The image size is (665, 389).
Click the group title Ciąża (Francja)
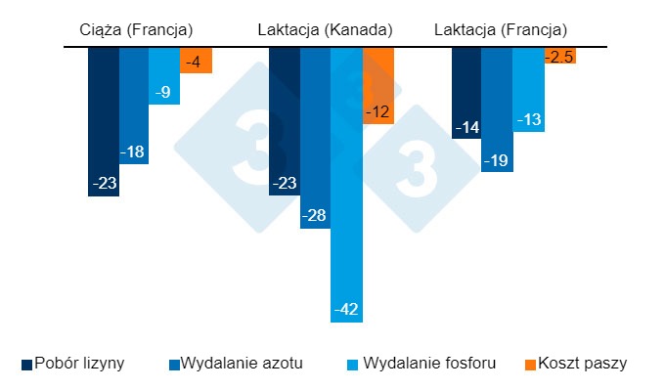pyautogui.click(x=136, y=30)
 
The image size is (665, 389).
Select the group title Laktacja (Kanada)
pyautogui.click(x=325, y=30)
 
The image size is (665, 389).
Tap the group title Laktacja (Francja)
pyautogui.click(x=501, y=30)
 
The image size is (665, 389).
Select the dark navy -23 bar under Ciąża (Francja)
pyautogui.click(x=104, y=121)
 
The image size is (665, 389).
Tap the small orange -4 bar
pyautogui.click(x=196, y=60)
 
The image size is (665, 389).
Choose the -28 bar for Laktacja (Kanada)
pyautogui.click(x=315, y=137)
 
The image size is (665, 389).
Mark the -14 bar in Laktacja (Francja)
pyautogui.click(x=466, y=93)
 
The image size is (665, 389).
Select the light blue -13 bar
pyautogui.click(x=528, y=89)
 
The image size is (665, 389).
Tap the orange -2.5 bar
pyautogui.click(x=560, y=56)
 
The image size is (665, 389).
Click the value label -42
pyautogui.click(x=347, y=310)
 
